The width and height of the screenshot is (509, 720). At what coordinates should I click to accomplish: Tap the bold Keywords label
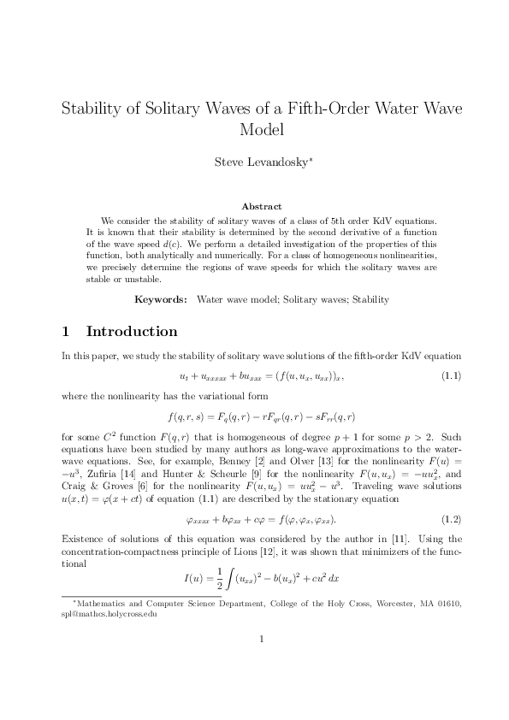pos(162,300)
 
